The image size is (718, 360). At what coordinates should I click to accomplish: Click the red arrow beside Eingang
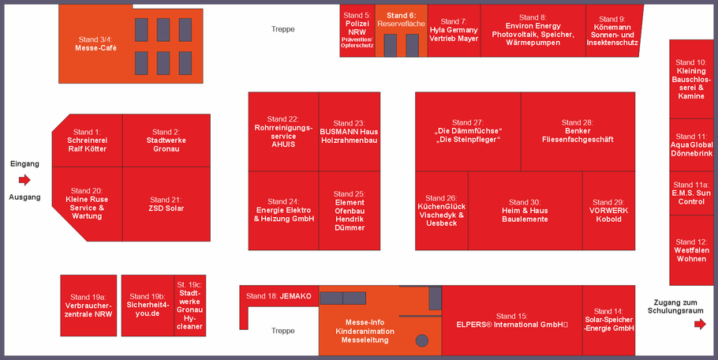coord(24,180)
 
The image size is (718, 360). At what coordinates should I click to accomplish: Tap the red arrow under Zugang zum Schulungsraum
coord(700,324)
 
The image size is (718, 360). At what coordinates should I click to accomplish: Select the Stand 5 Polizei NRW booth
coord(357,31)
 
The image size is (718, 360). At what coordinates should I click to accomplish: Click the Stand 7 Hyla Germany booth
coord(454,31)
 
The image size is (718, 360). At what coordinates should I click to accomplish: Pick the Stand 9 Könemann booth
coord(613,31)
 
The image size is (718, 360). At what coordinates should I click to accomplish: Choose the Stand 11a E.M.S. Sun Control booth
coord(691,193)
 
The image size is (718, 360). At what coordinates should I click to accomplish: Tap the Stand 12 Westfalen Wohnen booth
coord(691,250)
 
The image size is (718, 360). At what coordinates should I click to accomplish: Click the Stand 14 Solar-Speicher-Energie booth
coord(608,321)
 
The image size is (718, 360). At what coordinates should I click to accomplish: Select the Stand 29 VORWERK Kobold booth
coord(608,211)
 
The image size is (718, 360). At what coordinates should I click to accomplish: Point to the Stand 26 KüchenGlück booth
coord(441,211)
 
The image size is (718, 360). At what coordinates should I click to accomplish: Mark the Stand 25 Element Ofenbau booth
coord(350,211)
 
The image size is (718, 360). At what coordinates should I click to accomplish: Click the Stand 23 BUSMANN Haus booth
coord(350,132)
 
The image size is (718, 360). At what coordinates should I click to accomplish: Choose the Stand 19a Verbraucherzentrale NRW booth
coord(88,306)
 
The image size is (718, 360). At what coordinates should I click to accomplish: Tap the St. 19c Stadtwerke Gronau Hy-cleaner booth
coord(189,306)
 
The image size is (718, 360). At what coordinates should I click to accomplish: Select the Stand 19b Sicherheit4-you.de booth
coord(148,306)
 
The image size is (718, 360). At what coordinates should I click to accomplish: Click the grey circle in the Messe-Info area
coord(422,340)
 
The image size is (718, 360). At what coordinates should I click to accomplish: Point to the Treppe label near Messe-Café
coord(283,29)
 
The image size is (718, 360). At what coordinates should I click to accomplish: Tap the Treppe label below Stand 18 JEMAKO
coord(283,331)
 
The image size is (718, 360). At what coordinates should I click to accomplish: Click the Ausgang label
coord(24,197)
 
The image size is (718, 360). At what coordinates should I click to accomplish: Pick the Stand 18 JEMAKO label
coord(279,296)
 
